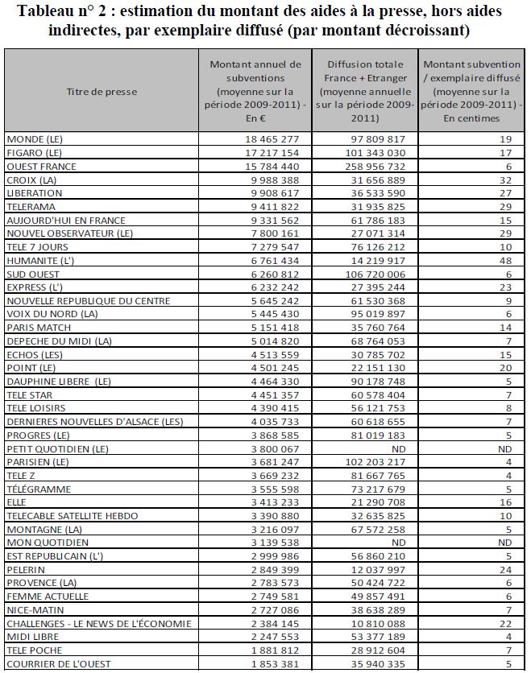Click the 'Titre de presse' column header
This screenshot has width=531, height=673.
coord(101,92)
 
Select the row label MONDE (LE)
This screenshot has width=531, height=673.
coord(34,139)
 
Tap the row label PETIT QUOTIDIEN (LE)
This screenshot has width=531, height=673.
coord(57,448)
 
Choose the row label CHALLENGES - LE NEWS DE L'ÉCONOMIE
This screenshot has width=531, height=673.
coord(98,623)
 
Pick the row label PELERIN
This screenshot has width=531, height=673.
coord(27,569)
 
